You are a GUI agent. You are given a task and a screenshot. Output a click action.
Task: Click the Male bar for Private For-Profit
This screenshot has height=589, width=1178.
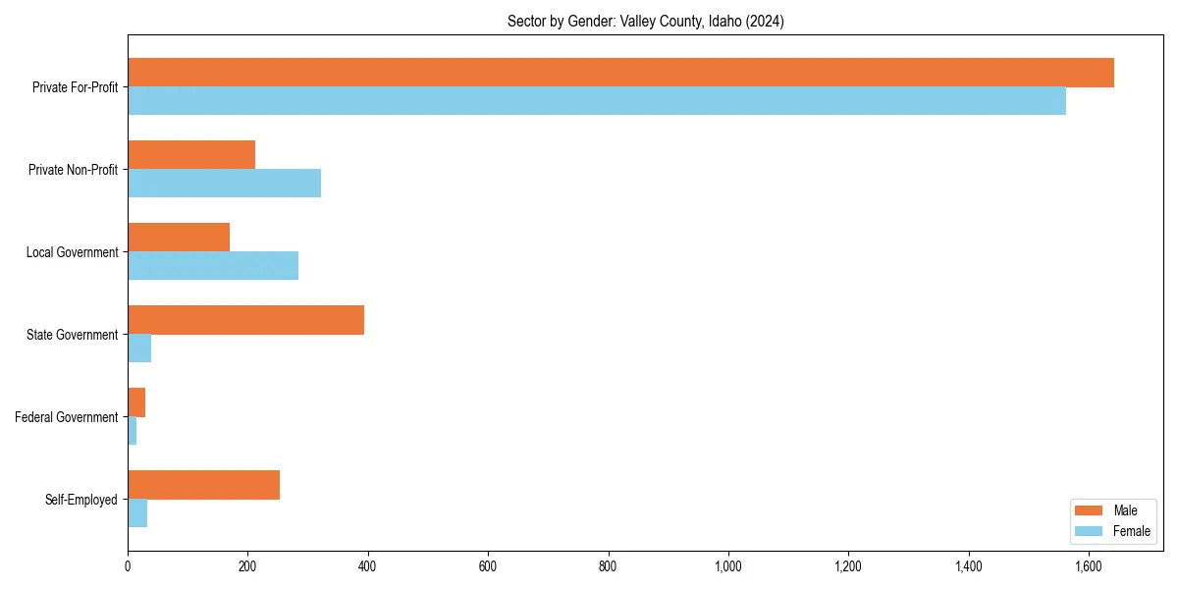pos(620,73)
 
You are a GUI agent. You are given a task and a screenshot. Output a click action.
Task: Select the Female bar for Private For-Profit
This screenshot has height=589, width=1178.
pos(597,101)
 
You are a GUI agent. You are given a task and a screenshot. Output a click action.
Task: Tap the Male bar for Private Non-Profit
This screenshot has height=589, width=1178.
pos(191,155)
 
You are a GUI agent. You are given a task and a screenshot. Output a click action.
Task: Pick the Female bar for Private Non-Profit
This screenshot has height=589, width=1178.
pos(224,184)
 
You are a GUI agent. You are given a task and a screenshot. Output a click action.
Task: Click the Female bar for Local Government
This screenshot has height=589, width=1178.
pos(213,266)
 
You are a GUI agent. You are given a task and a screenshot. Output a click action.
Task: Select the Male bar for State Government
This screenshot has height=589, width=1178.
pos(245,320)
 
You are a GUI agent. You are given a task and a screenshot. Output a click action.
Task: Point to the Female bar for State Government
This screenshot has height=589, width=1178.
pos(139,348)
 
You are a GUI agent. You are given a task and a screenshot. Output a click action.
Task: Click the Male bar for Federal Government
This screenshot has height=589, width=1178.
pos(136,402)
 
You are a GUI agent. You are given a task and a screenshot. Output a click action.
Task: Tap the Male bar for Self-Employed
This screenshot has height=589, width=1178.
pos(203,485)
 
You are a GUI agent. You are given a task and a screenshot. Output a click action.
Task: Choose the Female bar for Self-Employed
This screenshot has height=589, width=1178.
pos(137,513)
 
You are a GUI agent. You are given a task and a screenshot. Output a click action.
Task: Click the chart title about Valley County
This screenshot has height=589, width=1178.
pos(645,21)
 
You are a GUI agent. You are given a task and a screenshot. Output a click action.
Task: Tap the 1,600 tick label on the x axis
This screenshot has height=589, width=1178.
pos(1089,566)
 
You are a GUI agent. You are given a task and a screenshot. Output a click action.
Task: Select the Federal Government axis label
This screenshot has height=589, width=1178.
pos(67,417)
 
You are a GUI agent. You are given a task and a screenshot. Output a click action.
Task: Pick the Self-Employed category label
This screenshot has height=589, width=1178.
pos(81,500)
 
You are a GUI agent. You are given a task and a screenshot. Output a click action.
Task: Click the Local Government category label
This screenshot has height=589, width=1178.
pos(73,252)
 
